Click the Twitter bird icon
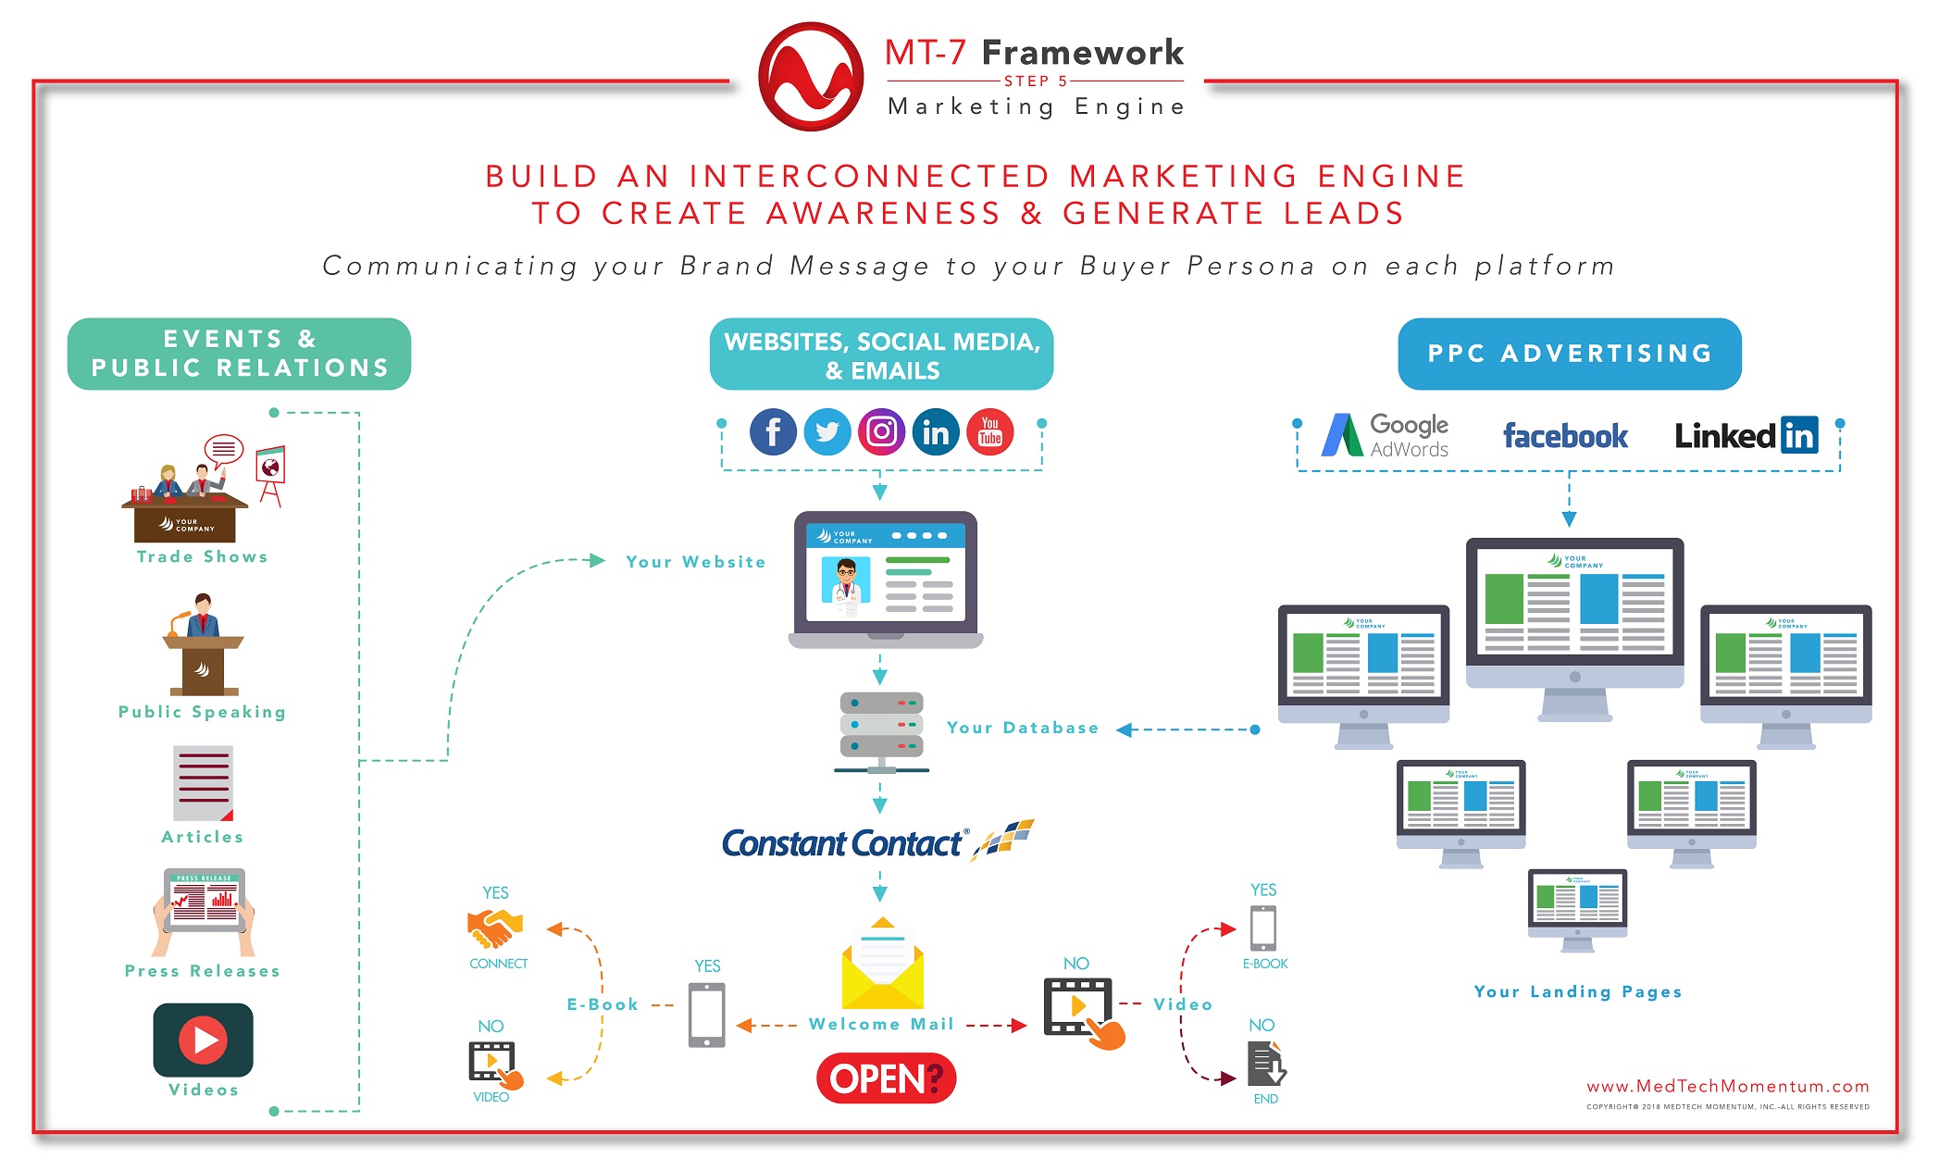[x=827, y=432]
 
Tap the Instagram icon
[x=881, y=432]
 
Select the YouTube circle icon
[x=989, y=432]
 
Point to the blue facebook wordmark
[x=1564, y=436]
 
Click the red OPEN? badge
[x=886, y=1078]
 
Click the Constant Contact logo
[x=876, y=841]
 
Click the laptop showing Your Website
[x=885, y=579]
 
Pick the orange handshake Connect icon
[x=495, y=928]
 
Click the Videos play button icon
[x=204, y=1040]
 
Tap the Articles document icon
[x=203, y=783]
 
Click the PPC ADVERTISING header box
[x=1569, y=354]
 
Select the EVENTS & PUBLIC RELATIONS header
[x=239, y=354]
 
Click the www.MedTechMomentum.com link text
[x=1727, y=1086]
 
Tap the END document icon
[x=1265, y=1064]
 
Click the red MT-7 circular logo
[x=811, y=77]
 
